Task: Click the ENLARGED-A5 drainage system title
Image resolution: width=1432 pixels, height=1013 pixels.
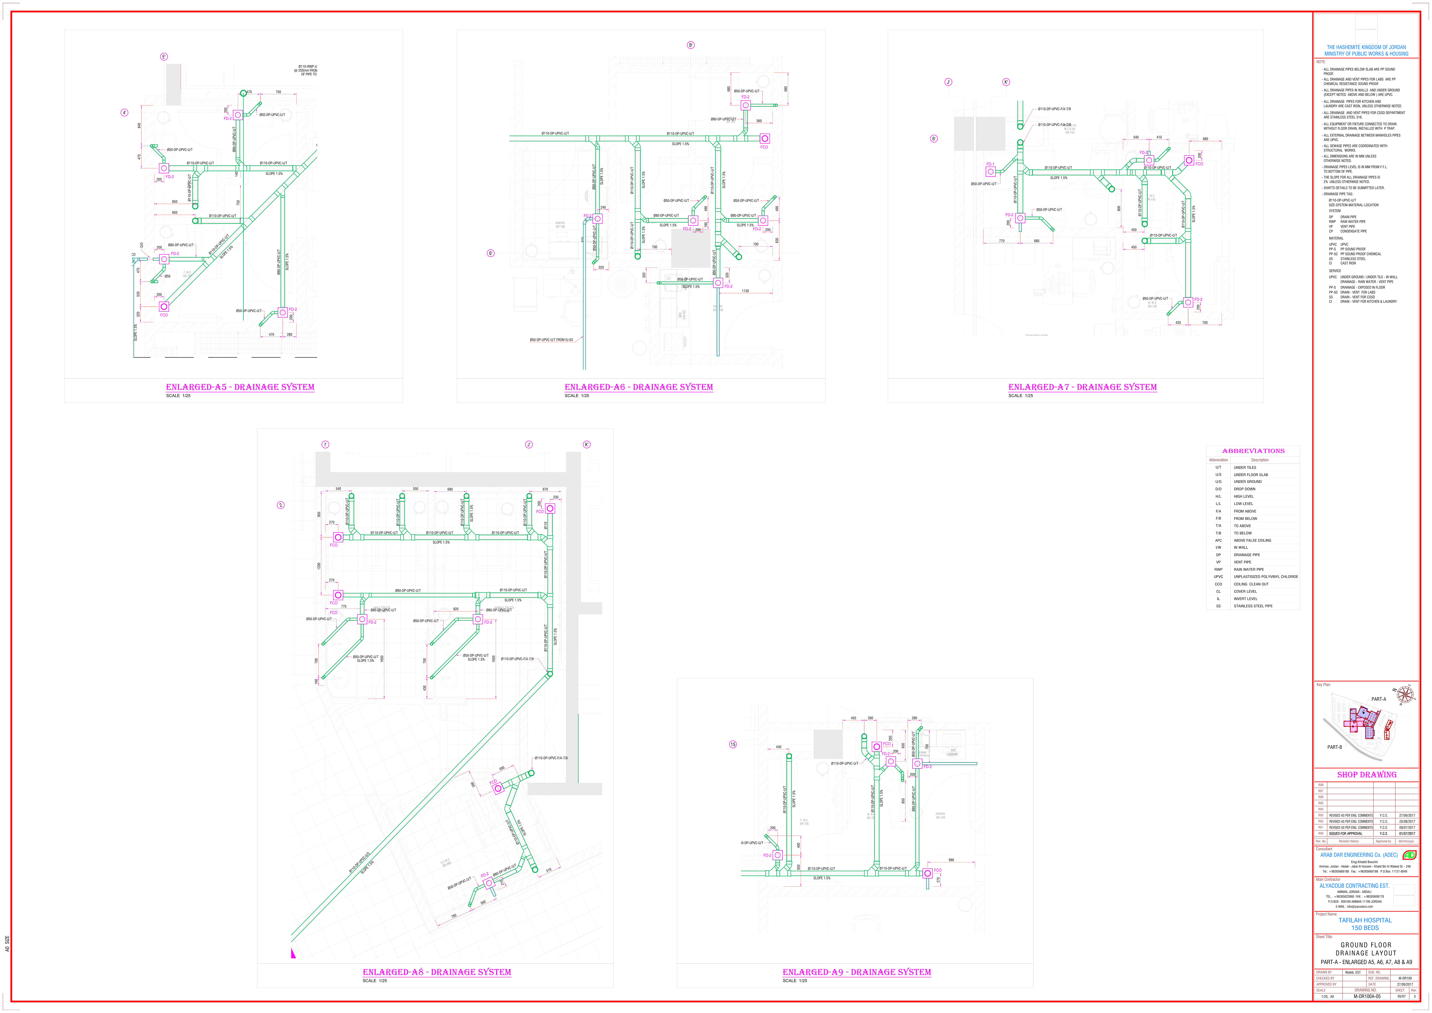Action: point(240,387)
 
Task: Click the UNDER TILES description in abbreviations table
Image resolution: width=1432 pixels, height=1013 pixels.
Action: point(1245,467)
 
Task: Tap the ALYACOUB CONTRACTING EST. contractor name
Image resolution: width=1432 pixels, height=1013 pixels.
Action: point(1354,886)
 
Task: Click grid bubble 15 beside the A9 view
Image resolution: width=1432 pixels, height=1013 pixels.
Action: point(733,744)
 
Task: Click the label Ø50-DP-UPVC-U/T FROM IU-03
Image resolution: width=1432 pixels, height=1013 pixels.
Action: point(551,340)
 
